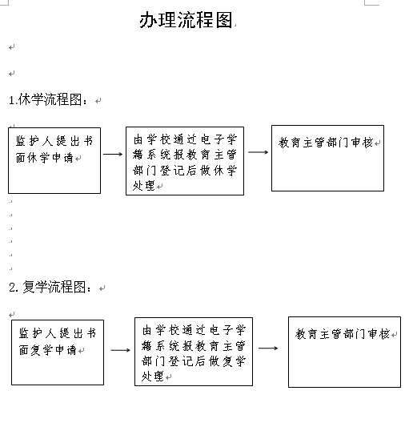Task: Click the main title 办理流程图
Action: coord(186,20)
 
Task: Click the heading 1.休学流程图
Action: coord(48,99)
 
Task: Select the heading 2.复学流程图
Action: coord(50,287)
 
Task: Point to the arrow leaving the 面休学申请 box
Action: coord(113,154)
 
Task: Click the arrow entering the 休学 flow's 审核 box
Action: coord(258,152)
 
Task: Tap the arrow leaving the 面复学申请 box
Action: coord(120,350)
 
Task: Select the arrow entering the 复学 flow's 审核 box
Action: coord(268,348)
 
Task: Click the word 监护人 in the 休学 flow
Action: coord(34,141)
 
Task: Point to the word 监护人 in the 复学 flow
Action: coord(38,333)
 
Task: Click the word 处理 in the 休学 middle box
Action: coord(144,186)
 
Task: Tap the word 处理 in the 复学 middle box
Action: coord(153,377)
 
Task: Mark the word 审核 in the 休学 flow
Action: coord(363,143)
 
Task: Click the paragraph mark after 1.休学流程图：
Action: coord(98,101)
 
